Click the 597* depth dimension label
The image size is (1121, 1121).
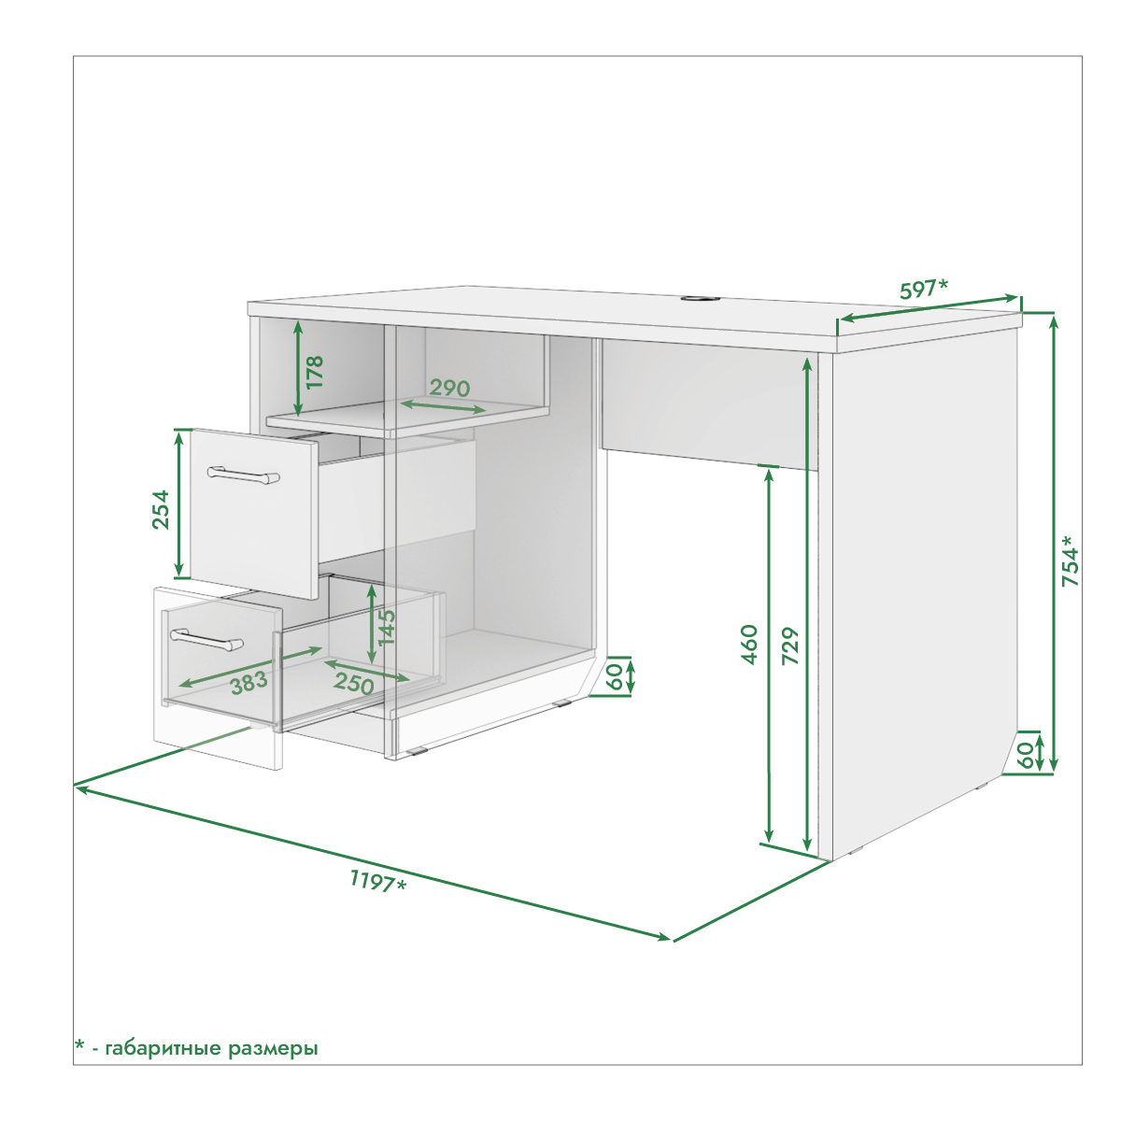pos(923,289)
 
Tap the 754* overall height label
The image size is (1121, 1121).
pos(1070,560)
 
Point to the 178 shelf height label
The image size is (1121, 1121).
pos(314,372)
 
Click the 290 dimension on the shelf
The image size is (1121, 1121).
pos(449,388)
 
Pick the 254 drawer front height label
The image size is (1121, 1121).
pos(161,510)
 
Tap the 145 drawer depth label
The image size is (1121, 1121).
pos(386,628)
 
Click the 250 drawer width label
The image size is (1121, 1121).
pos(354,683)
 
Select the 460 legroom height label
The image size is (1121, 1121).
pos(750,645)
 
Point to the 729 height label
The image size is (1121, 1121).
pos(790,646)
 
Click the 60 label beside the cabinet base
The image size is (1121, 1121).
pos(615,676)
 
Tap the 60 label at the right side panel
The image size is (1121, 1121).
pos(1026,755)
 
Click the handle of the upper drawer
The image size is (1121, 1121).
pos(244,475)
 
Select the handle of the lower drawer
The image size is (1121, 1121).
pos(206,639)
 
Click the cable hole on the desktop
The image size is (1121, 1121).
pos(698,299)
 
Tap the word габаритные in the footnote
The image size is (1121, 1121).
pos(164,1048)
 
